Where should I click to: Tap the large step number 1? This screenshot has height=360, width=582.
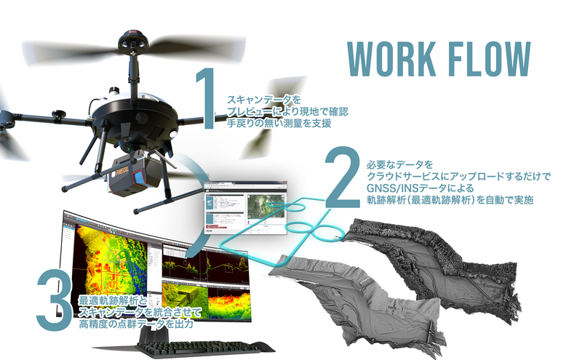coord(207,102)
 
